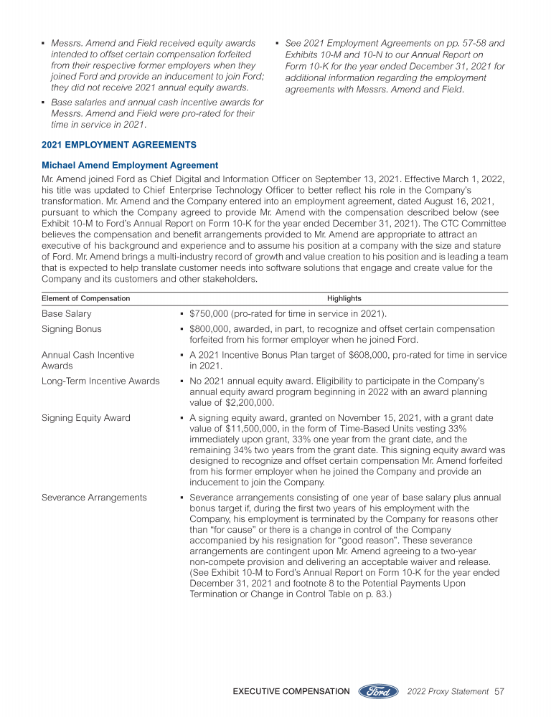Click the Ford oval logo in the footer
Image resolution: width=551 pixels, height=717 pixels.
point(378,691)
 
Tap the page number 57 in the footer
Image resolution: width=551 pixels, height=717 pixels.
point(501,691)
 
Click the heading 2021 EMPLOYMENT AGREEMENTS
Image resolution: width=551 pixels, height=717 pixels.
point(119,145)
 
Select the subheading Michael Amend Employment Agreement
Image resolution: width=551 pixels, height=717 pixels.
point(130,165)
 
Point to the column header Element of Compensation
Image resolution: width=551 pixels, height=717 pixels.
point(86,298)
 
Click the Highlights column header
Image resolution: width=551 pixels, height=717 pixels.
point(344,298)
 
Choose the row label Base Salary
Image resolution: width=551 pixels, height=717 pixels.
point(67,313)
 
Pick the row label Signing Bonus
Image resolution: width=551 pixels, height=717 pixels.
point(72,329)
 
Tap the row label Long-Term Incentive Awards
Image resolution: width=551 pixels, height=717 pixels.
point(100,381)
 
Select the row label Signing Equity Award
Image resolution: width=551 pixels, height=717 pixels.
point(86,417)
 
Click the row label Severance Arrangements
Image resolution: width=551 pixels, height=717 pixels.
point(94,498)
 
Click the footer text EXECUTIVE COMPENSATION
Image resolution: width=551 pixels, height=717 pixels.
point(291,691)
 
